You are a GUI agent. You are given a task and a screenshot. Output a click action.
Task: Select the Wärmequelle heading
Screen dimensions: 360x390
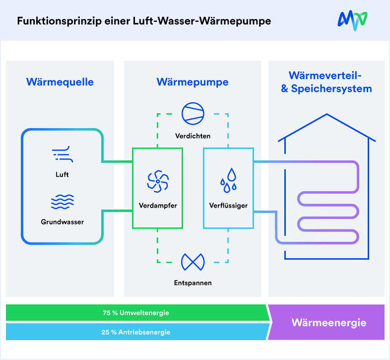(x=60, y=82)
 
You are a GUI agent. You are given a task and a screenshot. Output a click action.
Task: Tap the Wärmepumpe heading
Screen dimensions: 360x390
(x=193, y=82)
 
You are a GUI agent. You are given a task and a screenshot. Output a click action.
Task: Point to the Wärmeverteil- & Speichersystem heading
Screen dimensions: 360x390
(x=326, y=82)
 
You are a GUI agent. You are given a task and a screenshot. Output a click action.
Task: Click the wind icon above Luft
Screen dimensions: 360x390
(x=62, y=154)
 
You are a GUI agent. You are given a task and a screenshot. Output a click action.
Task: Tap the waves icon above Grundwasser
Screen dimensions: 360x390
(x=62, y=202)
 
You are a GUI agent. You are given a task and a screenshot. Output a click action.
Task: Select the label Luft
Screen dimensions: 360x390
(x=62, y=174)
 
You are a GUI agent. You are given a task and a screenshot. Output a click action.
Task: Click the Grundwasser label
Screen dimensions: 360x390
(x=62, y=222)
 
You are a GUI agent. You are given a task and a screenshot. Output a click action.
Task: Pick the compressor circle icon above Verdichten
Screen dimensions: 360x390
(x=193, y=114)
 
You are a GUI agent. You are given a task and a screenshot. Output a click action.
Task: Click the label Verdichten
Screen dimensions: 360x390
(x=193, y=136)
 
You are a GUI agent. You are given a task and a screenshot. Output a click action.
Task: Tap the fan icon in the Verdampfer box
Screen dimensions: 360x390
(x=158, y=182)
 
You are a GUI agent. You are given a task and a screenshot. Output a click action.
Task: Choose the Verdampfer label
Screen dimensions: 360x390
(x=158, y=205)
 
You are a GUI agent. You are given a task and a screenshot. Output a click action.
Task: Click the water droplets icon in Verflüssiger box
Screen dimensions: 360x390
(x=228, y=180)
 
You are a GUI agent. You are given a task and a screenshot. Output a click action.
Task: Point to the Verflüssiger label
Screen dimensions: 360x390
(x=228, y=205)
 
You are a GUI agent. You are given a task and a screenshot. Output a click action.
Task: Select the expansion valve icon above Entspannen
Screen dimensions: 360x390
(x=193, y=261)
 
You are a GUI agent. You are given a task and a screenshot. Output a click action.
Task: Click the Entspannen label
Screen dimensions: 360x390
(x=193, y=283)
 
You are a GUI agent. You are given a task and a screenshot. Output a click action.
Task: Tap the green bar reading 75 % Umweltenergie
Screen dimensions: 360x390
(x=136, y=313)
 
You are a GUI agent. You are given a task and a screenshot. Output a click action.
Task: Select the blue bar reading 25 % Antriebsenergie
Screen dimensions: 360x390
(x=136, y=332)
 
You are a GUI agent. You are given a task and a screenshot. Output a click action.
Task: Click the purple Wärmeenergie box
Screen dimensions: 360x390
(x=328, y=323)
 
